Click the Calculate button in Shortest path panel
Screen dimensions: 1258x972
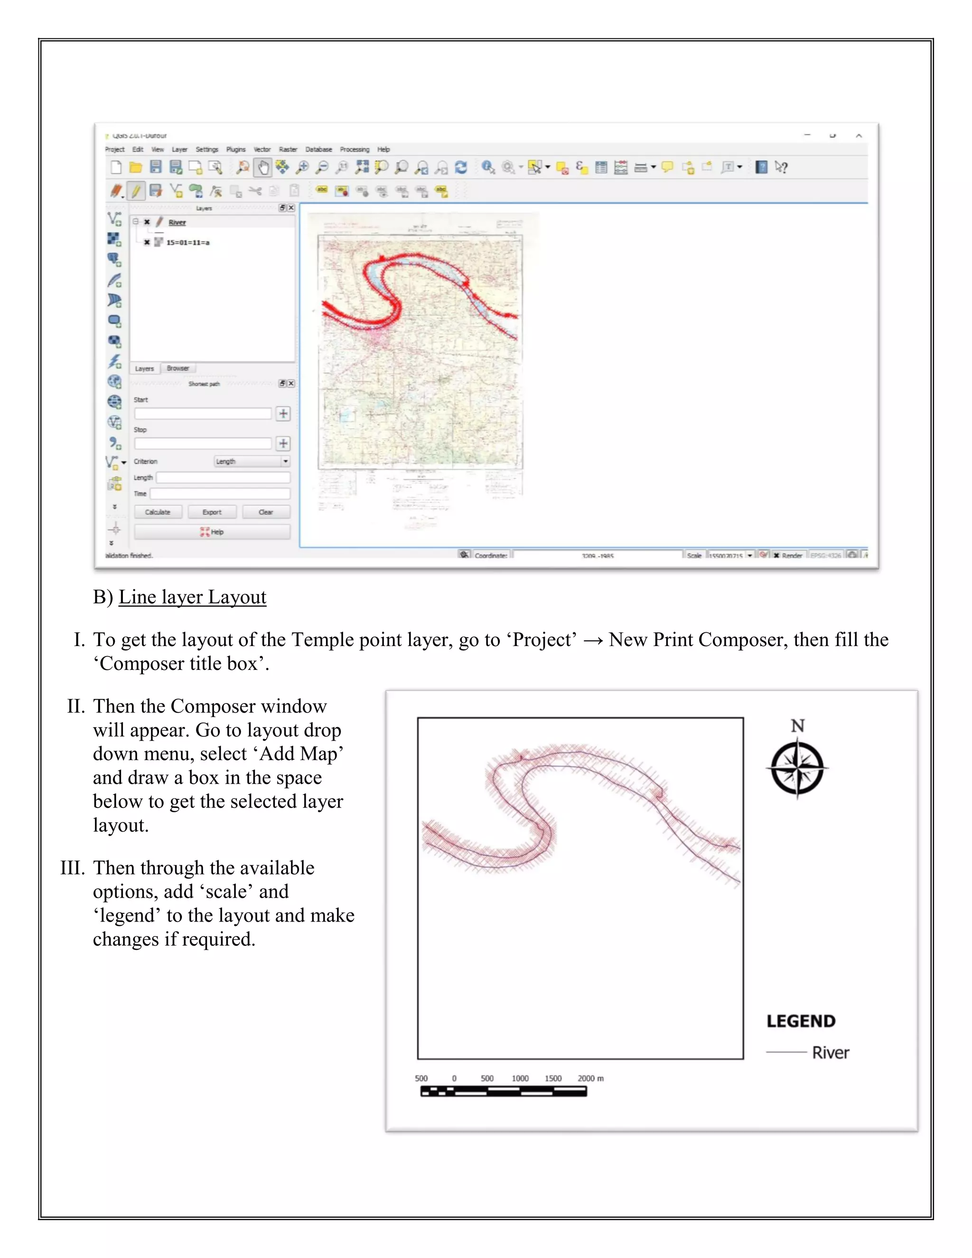(158, 512)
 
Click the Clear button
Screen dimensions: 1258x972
(265, 512)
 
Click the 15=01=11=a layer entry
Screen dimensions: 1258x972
(188, 243)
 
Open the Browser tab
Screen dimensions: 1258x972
(178, 368)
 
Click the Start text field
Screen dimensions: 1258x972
(203, 413)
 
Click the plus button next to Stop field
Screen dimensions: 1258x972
(283, 443)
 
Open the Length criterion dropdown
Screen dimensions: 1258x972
(252, 461)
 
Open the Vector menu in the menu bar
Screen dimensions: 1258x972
(262, 149)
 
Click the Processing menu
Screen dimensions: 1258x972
(354, 149)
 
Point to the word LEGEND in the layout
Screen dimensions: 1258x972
(800, 1021)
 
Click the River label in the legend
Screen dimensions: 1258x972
(831, 1052)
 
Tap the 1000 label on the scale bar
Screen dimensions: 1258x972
(520, 1078)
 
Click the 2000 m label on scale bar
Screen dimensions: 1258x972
(590, 1078)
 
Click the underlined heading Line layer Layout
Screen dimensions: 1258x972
(192, 597)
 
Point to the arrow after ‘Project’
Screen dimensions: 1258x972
(592, 640)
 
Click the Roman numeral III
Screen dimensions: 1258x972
(73, 868)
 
